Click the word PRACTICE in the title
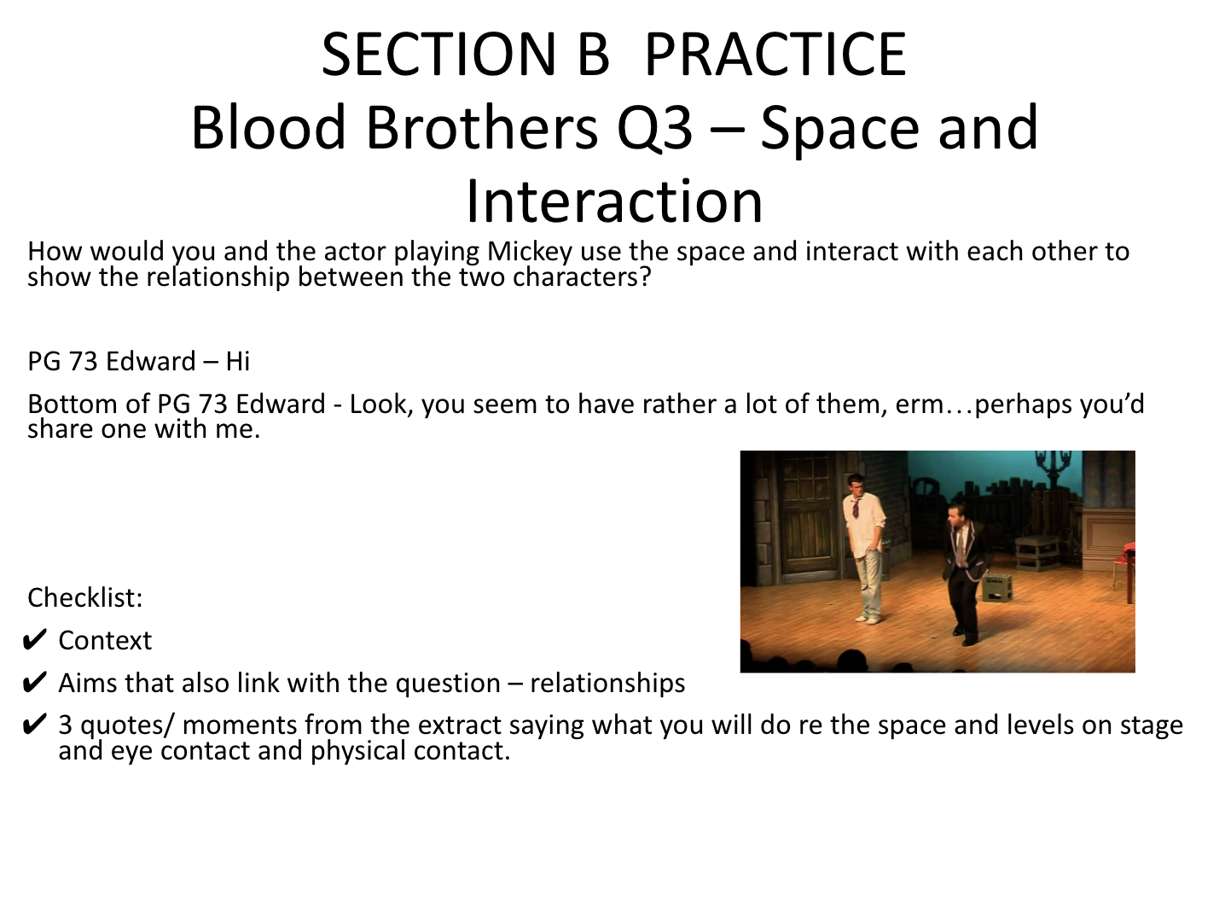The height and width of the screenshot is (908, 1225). tap(775, 54)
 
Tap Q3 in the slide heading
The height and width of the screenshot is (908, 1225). tap(654, 128)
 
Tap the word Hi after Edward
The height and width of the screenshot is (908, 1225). tap(237, 362)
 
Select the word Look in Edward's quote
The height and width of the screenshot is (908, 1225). tap(381, 404)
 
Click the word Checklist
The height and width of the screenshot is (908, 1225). tap(85, 598)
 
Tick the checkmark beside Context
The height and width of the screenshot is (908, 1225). tap(34, 640)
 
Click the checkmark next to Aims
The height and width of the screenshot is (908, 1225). tap(34, 683)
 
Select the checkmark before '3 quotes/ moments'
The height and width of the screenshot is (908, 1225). tap(34, 725)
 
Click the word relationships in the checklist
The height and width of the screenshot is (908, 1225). tap(607, 683)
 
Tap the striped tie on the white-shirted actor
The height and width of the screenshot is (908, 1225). tap(856, 507)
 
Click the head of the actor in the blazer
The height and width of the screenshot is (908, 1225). tap(957, 515)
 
